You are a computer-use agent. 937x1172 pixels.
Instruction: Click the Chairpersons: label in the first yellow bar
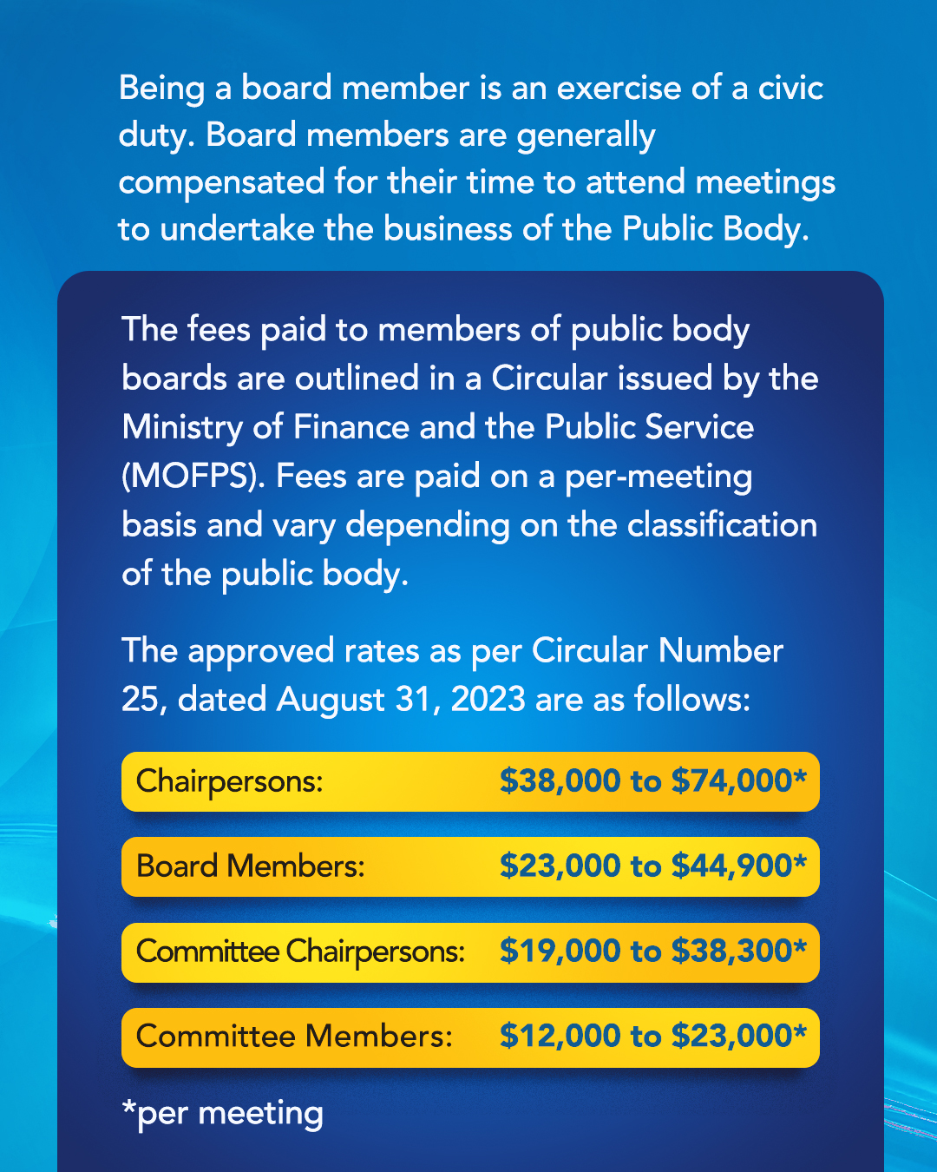[x=229, y=781]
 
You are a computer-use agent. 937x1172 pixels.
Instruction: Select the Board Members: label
[x=250, y=866]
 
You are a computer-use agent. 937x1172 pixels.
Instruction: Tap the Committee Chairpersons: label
[x=300, y=951]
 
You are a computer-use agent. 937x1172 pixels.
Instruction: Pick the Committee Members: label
[x=294, y=1037]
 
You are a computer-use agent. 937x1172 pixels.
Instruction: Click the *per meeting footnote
[x=222, y=1114]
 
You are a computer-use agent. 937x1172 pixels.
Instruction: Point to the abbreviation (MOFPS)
[x=193, y=477]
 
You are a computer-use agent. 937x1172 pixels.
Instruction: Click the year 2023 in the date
[x=488, y=700]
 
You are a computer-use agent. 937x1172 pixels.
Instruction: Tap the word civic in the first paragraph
[x=790, y=89]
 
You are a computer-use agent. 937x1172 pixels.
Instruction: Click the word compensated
[x=221, y=183]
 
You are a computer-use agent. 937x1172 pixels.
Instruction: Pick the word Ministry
[x=182, y=428]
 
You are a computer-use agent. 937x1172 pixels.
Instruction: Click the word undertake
[x=237, y=229]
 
